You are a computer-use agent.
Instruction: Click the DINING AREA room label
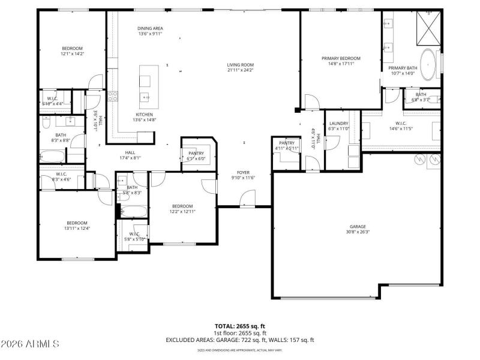point(151,28)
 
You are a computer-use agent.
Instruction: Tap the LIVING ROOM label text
point(240,65)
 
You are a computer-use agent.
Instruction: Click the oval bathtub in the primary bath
point(428,65)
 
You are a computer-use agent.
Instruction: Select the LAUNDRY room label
point(338,124)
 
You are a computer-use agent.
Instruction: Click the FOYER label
point(243,172)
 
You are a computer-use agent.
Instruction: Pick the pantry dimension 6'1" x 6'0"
point(196,159)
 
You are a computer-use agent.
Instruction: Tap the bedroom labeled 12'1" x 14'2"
point(72,51)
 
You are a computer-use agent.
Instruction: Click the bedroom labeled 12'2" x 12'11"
point(182,208)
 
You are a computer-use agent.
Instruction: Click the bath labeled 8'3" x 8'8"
point(61,137)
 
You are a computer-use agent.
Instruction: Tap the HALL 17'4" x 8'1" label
point(130,155)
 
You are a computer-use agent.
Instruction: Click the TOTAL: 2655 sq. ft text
point(240,326)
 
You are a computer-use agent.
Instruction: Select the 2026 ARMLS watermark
point(30,344)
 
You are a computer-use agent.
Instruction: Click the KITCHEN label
point(144,115)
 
